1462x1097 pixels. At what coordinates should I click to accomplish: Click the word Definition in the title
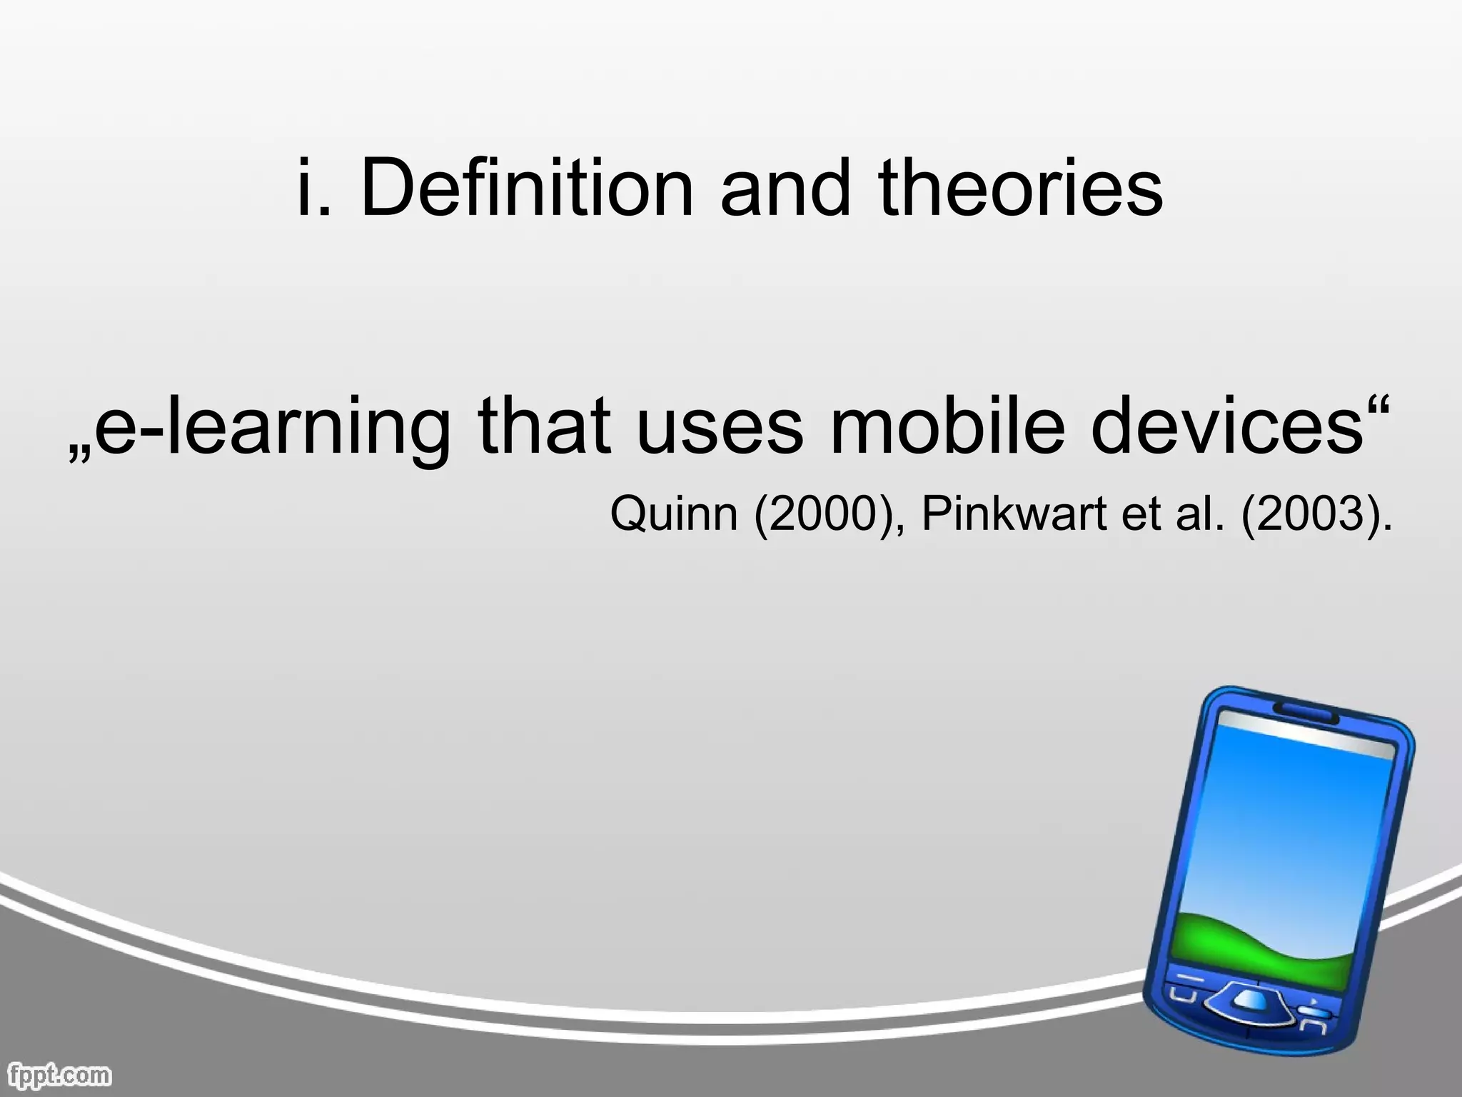point(527,187)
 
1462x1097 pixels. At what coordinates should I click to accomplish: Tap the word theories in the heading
point(1021,187)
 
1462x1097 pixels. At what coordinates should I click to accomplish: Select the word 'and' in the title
point(785,187)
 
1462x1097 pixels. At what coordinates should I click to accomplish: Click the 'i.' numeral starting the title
point(314,187)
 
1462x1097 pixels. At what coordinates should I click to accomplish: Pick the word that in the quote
point(544,427)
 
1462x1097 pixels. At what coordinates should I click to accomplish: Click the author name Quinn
point(673,514)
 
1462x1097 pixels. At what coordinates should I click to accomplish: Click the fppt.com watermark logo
point(60,1073)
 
